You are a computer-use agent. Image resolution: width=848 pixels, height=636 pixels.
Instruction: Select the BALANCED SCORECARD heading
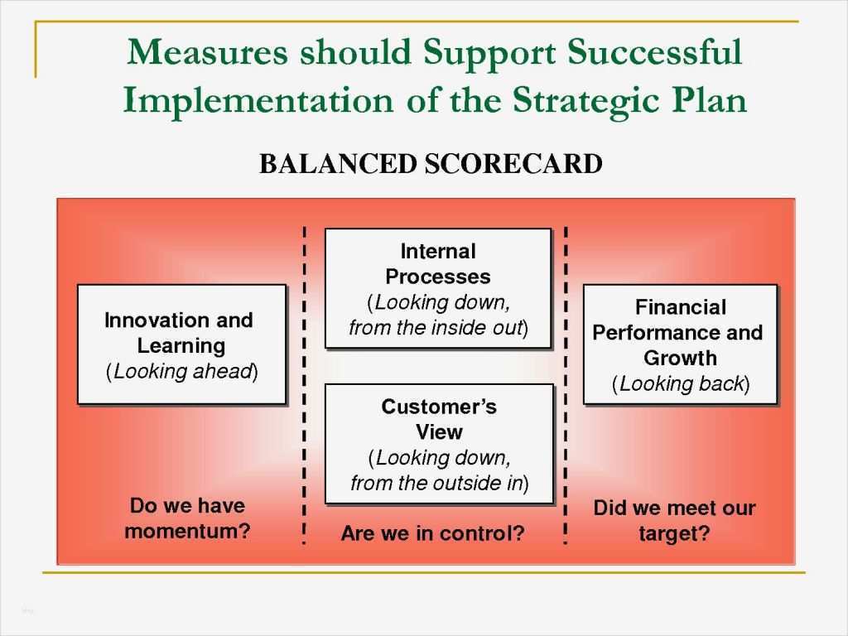pos(431,164)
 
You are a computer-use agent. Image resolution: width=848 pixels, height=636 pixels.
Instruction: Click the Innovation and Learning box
pos(181,344)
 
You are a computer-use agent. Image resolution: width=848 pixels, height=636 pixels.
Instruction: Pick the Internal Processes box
pos(437,288)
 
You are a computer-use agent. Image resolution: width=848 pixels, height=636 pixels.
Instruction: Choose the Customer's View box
pos(438,444)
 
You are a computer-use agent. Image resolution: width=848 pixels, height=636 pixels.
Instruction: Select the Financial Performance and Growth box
pos(680,344)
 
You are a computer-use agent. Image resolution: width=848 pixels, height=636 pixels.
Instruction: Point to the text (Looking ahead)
pos(181,371)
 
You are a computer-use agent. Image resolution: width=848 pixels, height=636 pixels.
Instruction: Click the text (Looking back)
pos(680,384)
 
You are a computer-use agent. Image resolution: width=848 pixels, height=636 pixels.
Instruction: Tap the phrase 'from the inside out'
pos(438,328)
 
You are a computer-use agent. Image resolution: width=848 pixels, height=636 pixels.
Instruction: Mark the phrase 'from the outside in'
pos(439,484)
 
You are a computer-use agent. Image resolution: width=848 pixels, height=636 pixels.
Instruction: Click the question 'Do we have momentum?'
pos(187,518)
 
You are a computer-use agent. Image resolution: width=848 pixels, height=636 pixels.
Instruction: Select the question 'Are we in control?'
pos(433,534)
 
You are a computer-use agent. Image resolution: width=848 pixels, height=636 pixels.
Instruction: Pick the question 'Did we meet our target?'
pos(674,521)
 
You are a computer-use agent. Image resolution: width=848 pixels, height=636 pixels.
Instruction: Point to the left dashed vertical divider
pos(304,385)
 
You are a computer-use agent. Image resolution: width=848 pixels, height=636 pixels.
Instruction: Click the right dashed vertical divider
pos(566,385)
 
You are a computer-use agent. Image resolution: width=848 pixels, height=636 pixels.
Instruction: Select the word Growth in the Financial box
pos(680,359)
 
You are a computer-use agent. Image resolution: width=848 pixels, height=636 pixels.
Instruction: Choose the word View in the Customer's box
pos(439,432)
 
